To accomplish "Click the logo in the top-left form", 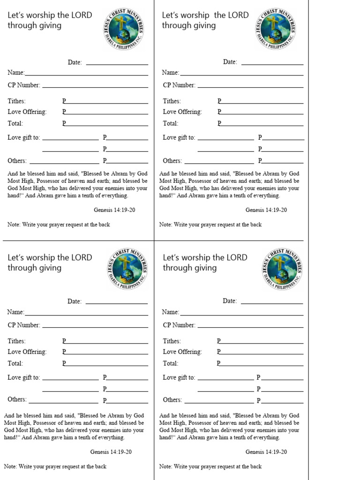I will [x=123, y=30].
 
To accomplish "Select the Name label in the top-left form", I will [x=15, y=73].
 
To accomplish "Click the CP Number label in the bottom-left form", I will [x=23, y=325].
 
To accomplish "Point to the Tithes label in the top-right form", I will [x=172, y=101].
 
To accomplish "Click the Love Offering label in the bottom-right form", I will [x=182, y=352].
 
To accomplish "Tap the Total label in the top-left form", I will [x=15, y=124].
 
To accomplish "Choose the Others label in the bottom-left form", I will [x=17, y=400].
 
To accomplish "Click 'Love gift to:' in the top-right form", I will [x=179, y=138].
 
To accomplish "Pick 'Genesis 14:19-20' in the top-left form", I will [x=114, y=210].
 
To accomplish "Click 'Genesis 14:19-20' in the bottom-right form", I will [x=266, y=452].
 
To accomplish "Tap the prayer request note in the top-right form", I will [x=210, y=225].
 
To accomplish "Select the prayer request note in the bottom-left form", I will [x=55, y=466].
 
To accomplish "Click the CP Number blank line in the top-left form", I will [x=95, y=87].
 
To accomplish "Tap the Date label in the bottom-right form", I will [x=230, y=301].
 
